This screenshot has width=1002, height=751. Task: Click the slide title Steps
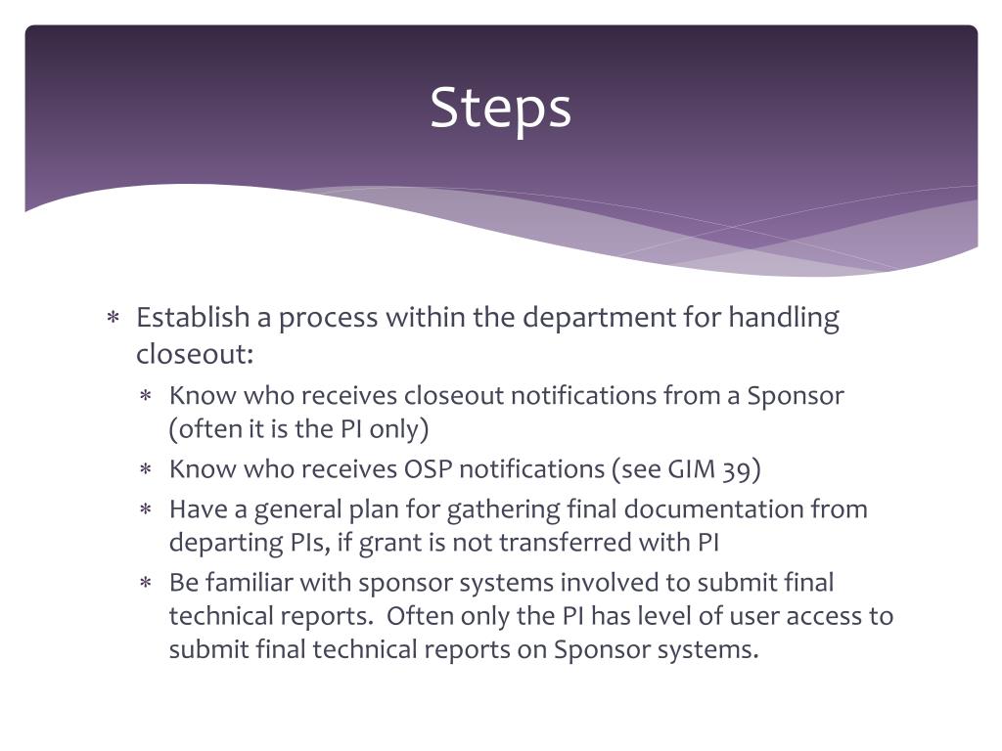tap(500, 108)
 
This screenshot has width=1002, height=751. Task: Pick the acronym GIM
tap(694, 469)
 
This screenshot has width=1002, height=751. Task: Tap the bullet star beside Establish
tap(114, 319)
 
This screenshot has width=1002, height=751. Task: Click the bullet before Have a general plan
tap(145, 510)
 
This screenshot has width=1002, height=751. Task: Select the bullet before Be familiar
tap(145, 584)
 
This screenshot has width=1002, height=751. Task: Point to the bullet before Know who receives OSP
tap(145, 470)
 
